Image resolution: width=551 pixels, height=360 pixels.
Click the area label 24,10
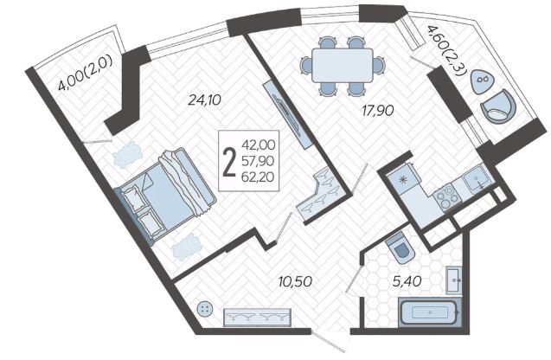(204, 100)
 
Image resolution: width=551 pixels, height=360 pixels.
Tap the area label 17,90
(378, 111)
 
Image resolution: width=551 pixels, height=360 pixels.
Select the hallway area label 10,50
(295, 281)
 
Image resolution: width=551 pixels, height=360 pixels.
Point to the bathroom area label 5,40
(407, 281)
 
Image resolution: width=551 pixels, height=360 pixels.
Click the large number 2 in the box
(229, 162)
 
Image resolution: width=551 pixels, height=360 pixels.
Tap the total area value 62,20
(259, 177)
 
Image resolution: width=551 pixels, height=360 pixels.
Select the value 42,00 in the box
(259, 145)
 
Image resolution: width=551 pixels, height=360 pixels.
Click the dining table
(343, 66)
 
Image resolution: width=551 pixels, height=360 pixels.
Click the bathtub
(429, 312)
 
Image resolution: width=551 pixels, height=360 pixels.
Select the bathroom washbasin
(453, 280)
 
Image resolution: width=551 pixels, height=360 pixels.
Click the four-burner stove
(447, 199)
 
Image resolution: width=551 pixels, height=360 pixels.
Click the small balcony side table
(482, 81)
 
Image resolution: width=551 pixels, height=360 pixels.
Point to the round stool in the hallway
(206, 310)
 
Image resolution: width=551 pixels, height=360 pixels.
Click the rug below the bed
(186, 247)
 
